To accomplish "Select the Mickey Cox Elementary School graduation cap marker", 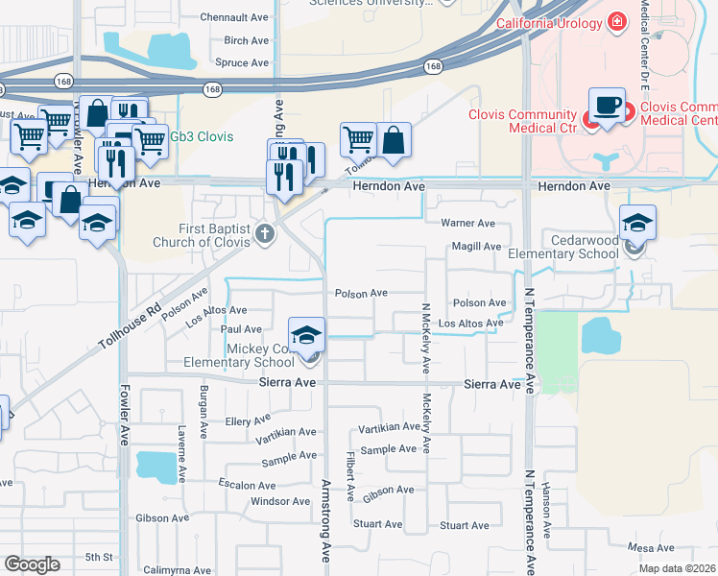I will [307, 335].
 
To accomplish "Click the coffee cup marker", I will [607, 105].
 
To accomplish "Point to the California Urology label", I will [550, 22].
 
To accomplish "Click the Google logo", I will [32, 564].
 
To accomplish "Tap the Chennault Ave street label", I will [234, 17].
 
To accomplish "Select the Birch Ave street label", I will [246, 40].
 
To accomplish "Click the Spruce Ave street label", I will [242, 62].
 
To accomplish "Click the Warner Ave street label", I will [467, 223].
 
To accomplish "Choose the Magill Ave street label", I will [477, 247].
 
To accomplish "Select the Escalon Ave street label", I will [247, 484].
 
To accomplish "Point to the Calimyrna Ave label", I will [177, 570].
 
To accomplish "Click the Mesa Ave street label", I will [651, 548].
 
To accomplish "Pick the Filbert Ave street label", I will [351, 478].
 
